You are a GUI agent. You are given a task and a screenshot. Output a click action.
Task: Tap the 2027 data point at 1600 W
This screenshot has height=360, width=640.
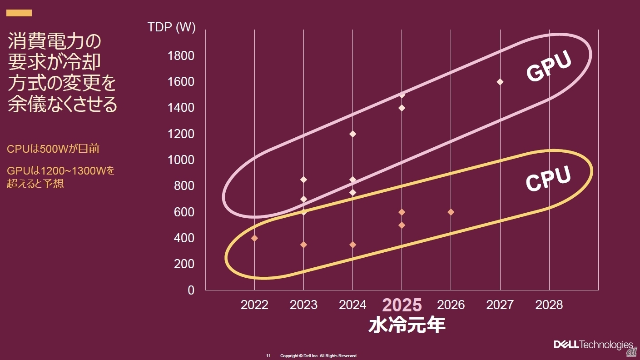[x=500, y=82]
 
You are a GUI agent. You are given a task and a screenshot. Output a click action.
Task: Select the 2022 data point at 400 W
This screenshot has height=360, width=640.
[x=254, y=238]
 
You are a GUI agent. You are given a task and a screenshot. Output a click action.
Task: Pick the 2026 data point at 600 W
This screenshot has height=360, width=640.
[x=451, y=212]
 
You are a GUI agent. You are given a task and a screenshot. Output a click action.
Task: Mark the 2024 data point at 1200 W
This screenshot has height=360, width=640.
[x=352, y=134]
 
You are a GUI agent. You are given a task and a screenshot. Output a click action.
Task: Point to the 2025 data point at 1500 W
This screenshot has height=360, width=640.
[x=402, y=95]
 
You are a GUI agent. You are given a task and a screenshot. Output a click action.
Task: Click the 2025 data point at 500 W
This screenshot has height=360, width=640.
[x=402, y=225]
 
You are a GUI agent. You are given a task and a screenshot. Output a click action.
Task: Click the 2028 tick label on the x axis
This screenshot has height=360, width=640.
[x=549, y=305]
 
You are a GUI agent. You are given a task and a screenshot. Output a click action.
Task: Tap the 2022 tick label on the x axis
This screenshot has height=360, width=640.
[x=254, y=305]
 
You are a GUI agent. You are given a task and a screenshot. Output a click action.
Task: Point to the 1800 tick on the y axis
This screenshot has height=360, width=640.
[x=181, y=56]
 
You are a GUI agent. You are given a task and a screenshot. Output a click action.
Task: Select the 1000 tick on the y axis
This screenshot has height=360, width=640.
[x=181, y=160]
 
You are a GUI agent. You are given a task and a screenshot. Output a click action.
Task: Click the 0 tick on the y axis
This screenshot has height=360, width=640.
[x=191, y=290]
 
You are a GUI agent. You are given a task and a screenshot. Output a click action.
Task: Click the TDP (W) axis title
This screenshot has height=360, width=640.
[x=172, y=27]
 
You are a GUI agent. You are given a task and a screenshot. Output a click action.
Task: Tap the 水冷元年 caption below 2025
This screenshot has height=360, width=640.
[x=407, y=325]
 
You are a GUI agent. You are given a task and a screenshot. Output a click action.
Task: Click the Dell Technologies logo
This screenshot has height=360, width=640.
[x=593, y=345]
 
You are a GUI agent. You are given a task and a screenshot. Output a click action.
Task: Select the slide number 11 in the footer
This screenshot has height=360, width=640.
[x=268, y=355]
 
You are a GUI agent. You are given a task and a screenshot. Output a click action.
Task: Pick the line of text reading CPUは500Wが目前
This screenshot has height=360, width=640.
[x=53, y=149]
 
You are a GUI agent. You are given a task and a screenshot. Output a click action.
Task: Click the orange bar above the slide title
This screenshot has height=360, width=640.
[x=19, y=13]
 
